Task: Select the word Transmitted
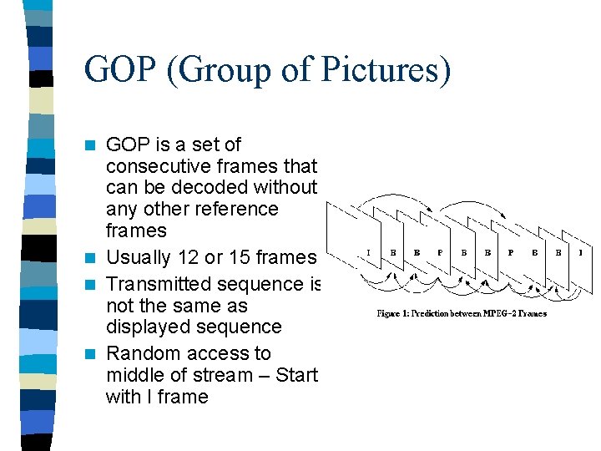(163, 284)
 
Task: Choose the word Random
(143, 353)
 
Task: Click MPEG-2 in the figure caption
(498, 313)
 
